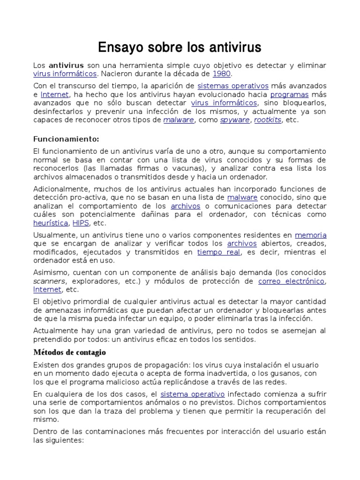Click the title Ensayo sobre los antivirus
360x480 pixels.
(x=180, y=47)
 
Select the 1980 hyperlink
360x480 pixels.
(x=222, y=74)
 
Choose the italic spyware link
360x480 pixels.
(x=236, y=120)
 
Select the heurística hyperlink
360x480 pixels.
(x=51, y=223)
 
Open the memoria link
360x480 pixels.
(x=310, y=235)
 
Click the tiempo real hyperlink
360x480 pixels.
(x=219, y=252)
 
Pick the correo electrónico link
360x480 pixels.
(x=291, y=281)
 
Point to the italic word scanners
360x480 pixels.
(x=50, y=281)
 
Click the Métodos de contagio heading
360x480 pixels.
(x=69, y=352)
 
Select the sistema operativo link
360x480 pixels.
(x=193, y=394)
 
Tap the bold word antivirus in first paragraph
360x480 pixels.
(x=67, y=65)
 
